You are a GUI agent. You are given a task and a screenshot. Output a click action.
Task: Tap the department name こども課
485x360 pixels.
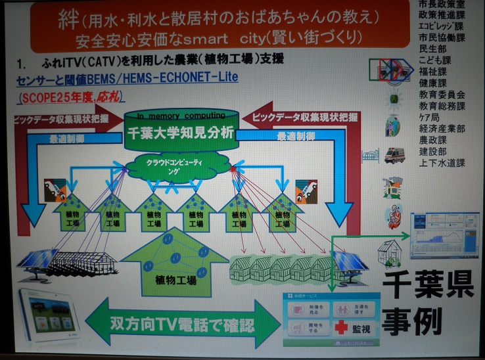click(x=436, y=59)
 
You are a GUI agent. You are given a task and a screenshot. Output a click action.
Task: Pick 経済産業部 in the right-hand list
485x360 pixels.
click(x=442, y=129)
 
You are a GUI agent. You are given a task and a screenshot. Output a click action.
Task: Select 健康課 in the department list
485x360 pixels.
click(x=436, y=83)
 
